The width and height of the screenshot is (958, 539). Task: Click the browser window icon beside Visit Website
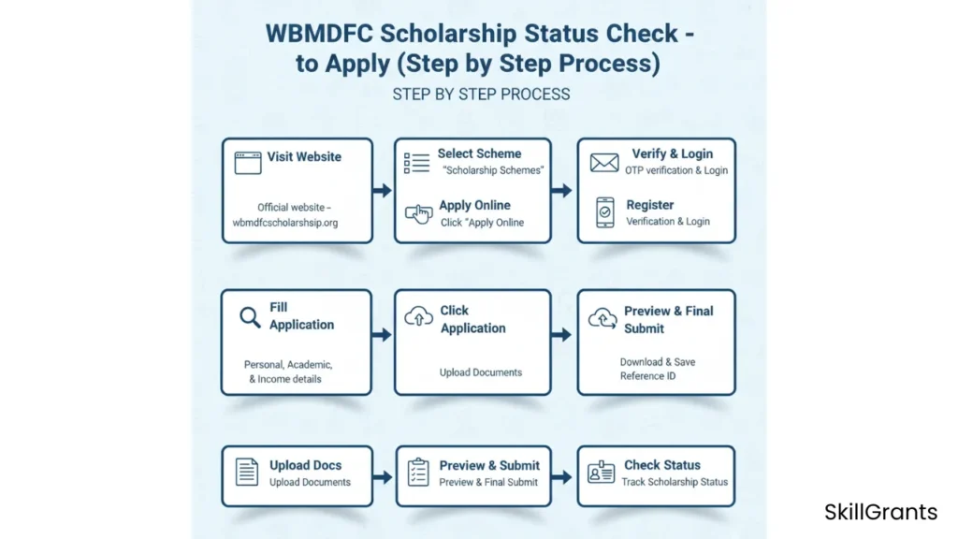247,162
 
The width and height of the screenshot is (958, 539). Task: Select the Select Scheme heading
479,153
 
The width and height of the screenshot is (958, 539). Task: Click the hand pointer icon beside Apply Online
418,213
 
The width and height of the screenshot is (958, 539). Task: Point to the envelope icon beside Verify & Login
604,162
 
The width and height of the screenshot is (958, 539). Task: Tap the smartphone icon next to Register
605,212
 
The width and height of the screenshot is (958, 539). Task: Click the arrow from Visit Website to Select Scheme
382,191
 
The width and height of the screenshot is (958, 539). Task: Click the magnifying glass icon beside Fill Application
250,317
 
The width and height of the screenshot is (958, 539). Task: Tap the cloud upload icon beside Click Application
418,318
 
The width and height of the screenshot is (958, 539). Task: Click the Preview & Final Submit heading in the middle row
668,319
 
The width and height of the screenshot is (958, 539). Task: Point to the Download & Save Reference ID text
657,369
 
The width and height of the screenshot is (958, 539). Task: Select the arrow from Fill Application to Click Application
382,334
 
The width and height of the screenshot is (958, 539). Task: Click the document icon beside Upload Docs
247,472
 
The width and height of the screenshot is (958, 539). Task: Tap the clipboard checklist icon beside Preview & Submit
418,472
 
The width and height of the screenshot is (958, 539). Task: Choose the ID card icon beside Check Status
601,472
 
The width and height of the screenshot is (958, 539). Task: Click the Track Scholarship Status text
675,482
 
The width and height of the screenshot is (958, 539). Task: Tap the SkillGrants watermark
880,512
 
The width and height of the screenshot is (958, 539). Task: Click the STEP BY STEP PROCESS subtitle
481,95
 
